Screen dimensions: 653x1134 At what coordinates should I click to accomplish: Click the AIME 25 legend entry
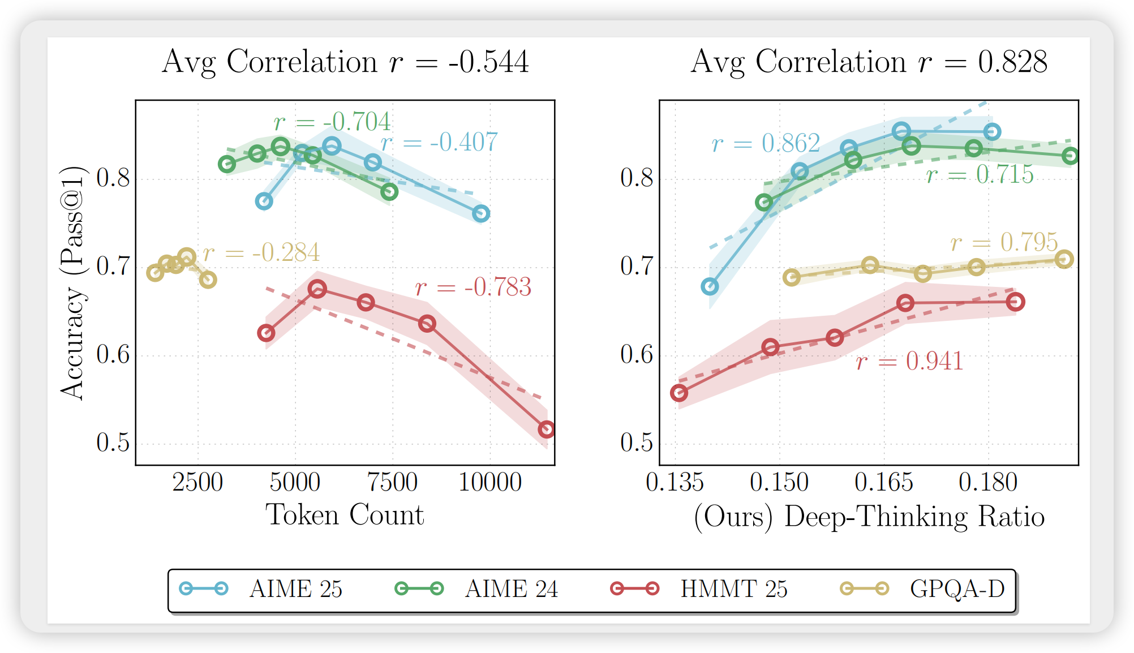pos(261,589)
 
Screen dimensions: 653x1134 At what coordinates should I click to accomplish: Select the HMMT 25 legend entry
pos(698,589)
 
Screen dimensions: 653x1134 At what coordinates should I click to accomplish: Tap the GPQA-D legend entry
pos(922,589)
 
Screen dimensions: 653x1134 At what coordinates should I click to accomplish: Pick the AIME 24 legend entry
pos(476,589)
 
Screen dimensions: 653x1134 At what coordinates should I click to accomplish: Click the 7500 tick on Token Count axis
pos(392,483)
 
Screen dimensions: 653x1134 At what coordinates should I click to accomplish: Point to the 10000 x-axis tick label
pos(490,483)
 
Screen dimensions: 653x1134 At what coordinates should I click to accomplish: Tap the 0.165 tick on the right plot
pos(884,483)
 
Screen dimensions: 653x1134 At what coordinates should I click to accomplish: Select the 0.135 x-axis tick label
pos(675,483)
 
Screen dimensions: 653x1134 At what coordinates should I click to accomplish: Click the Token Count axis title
pos(345,515)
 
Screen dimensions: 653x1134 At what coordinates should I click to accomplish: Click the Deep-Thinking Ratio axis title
pos(869,517)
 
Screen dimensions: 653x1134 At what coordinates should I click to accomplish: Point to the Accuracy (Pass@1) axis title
pos(73,283)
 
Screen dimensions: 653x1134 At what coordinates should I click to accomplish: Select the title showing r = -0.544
pos(345,62)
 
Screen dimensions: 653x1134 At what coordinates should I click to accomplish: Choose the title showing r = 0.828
pos(869,62)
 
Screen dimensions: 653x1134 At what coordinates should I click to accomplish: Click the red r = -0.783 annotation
pos(473,287)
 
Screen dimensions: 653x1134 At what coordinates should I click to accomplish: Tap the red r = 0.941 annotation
pos(909,362)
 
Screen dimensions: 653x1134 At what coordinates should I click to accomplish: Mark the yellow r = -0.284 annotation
pos(261,253)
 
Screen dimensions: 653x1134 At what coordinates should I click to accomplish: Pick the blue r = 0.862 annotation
pos(766,144)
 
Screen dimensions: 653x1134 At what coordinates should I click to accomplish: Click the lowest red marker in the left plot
pos(546,429)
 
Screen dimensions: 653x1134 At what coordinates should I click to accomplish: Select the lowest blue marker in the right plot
pos(710,287)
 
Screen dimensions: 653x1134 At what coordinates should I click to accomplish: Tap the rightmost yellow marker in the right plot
pos(1064,259)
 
